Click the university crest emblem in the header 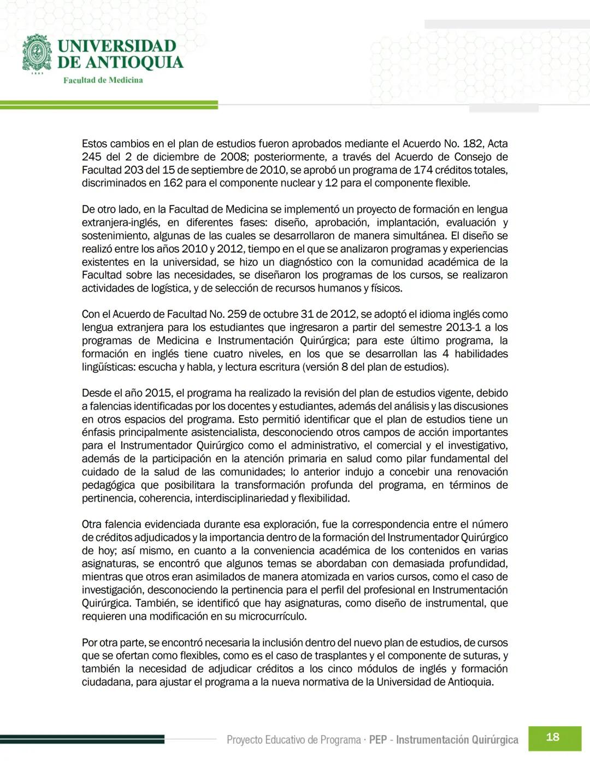(37, 53)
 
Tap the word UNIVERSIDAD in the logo (116, 46)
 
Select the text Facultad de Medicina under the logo (103, 80)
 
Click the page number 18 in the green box (552, 737)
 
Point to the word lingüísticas (108, 367)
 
